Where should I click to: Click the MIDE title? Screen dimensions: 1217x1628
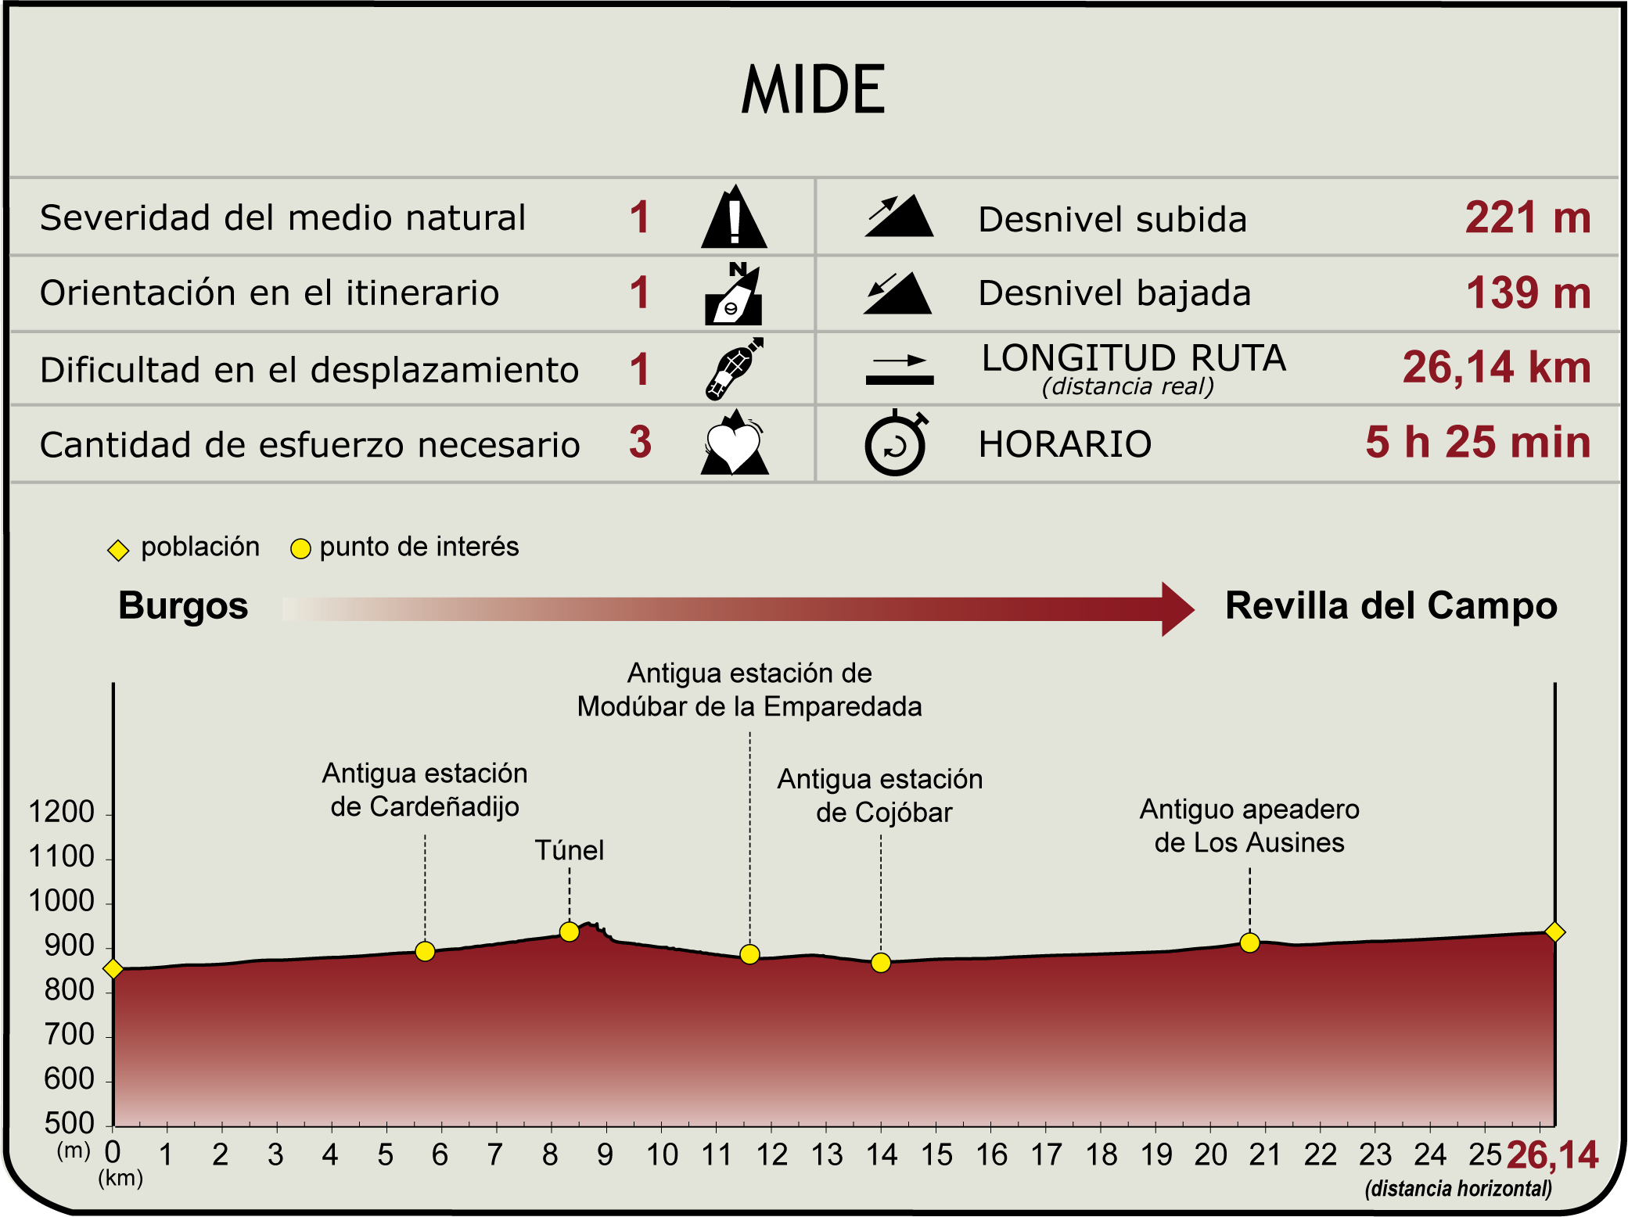(x=813, y=90)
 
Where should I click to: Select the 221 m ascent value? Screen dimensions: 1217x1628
(x=1527, y=217)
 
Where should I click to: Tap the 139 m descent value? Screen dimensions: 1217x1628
(x=1528, y=293)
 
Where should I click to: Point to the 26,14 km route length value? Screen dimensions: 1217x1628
(x=1496, y=367)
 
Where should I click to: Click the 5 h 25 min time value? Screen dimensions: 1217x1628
(x=1478, y=442)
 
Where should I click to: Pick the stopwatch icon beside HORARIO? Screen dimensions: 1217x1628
(x=896, y=443)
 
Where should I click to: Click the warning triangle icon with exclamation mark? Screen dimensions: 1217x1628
(x=734, y=218)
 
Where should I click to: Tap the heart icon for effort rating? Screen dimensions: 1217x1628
(x=734, y=445)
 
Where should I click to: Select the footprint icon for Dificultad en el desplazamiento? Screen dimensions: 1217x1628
(x=733, y=368)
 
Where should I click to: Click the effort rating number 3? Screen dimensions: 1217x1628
(x=640, y=442)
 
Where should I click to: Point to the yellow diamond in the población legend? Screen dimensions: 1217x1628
(x=118, y=550)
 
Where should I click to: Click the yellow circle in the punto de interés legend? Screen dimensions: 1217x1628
(x=300, y=549)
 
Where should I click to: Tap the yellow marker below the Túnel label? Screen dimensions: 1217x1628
(x=570, y=932)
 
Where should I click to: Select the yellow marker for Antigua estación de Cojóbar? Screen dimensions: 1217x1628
(x=881, y=963)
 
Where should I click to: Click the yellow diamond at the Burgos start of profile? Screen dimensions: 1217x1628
(x=113, y=969)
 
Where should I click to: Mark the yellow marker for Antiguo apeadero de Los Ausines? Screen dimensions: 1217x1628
(x=1249, y=942)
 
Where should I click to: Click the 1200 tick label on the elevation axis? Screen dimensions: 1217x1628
(x=61, y=813)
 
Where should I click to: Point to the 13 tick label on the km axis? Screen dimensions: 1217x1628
(x=827, y=1155)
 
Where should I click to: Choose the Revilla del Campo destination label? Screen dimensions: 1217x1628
(x=1390, y=606)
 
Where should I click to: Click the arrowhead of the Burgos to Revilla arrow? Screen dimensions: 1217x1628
(x=1177, y=608)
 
